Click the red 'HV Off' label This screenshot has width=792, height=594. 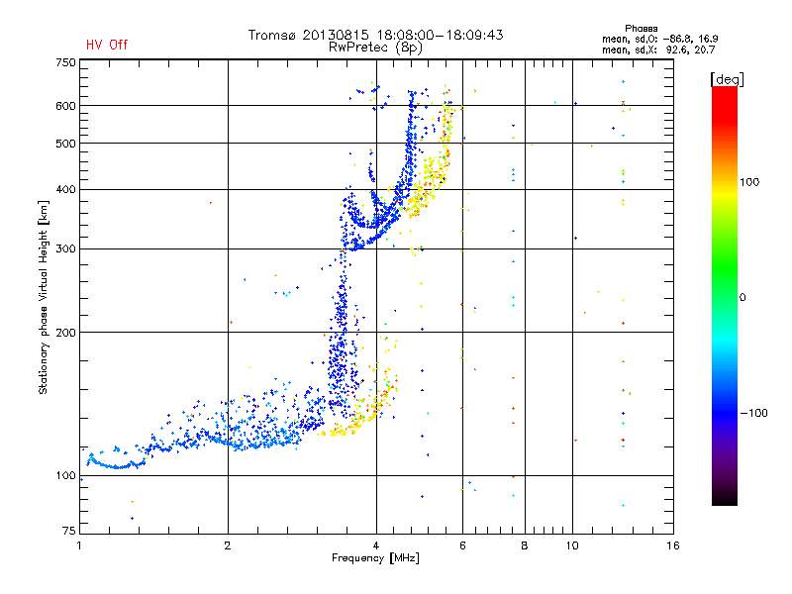coord(107,45)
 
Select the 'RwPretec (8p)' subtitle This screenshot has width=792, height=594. coord(376,47)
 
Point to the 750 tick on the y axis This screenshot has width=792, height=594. coord(65,61)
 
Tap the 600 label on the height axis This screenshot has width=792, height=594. coord(65,106)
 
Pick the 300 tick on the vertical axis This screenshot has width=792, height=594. coord(65,249)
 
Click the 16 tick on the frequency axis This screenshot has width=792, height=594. coord(672,545)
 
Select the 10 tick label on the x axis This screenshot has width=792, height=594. coord(571,545)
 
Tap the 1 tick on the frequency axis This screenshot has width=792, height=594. coord(80,545)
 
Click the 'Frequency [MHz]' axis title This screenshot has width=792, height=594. coord(375,558)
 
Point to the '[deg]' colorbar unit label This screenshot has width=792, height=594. coord(727,78)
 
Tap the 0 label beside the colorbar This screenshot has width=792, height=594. coord(745,297)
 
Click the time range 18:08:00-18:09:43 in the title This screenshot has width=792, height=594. coord(440,35)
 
